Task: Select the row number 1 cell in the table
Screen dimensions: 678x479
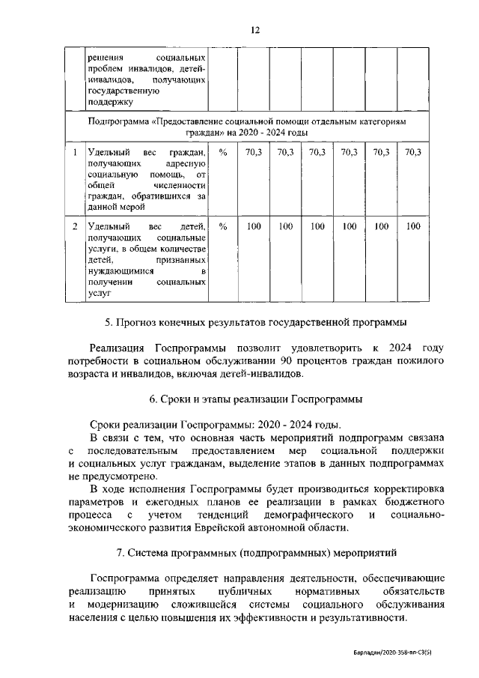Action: pos(74,152)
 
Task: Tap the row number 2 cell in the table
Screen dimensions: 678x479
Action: pos(74,226)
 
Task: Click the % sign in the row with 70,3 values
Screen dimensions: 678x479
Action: pos(222,152)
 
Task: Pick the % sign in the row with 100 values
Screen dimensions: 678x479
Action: pos(222,226)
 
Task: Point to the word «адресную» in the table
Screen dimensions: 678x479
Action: pos(186,163)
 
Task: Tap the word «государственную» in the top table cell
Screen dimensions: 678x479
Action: pos(124,90)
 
